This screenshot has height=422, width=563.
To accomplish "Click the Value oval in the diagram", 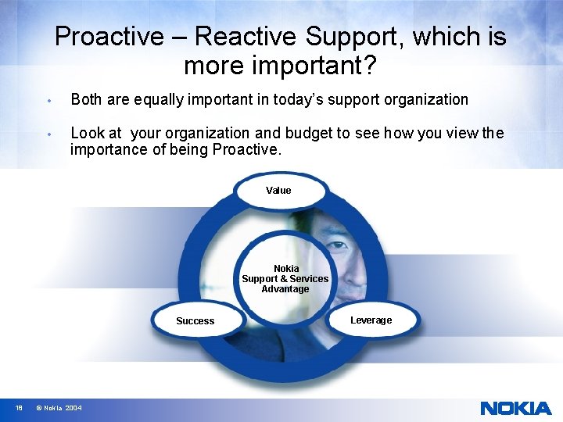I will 278,191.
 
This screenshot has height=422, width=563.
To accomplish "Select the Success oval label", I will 195,321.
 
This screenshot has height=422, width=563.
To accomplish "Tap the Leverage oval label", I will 371,320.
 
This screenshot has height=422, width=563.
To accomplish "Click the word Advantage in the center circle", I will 285,289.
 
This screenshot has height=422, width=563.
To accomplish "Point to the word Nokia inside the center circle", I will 286,269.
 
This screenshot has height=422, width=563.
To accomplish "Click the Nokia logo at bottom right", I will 515,408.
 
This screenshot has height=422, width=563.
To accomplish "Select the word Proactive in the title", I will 109,37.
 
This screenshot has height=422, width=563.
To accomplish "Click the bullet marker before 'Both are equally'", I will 48,101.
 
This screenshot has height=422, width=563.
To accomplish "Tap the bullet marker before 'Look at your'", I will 48,134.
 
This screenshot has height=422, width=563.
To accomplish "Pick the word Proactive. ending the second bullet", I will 246,149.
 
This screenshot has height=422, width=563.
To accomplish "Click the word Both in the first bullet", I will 86,100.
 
